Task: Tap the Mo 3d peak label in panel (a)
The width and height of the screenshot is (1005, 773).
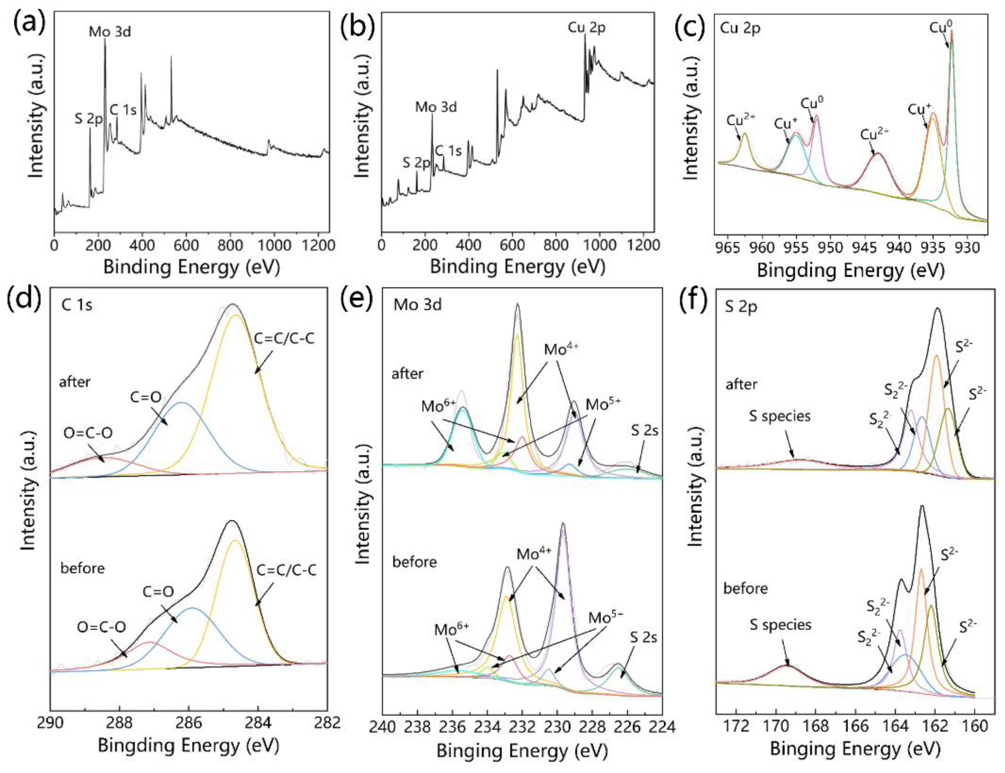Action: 110,32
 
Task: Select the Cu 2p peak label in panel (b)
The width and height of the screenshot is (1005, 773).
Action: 586,28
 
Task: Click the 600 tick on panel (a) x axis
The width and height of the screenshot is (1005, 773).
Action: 186,244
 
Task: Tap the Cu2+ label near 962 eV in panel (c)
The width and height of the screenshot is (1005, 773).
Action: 740,121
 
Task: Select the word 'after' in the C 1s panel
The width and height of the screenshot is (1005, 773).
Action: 75,382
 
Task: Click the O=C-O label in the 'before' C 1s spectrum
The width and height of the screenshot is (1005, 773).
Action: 101,627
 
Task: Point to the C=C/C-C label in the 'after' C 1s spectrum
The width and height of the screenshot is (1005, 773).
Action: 284,339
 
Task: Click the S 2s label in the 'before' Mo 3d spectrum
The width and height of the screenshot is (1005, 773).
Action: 643,638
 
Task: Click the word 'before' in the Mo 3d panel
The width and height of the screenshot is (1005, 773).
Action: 414,562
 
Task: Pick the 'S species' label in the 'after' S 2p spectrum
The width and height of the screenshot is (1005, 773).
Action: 779,416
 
